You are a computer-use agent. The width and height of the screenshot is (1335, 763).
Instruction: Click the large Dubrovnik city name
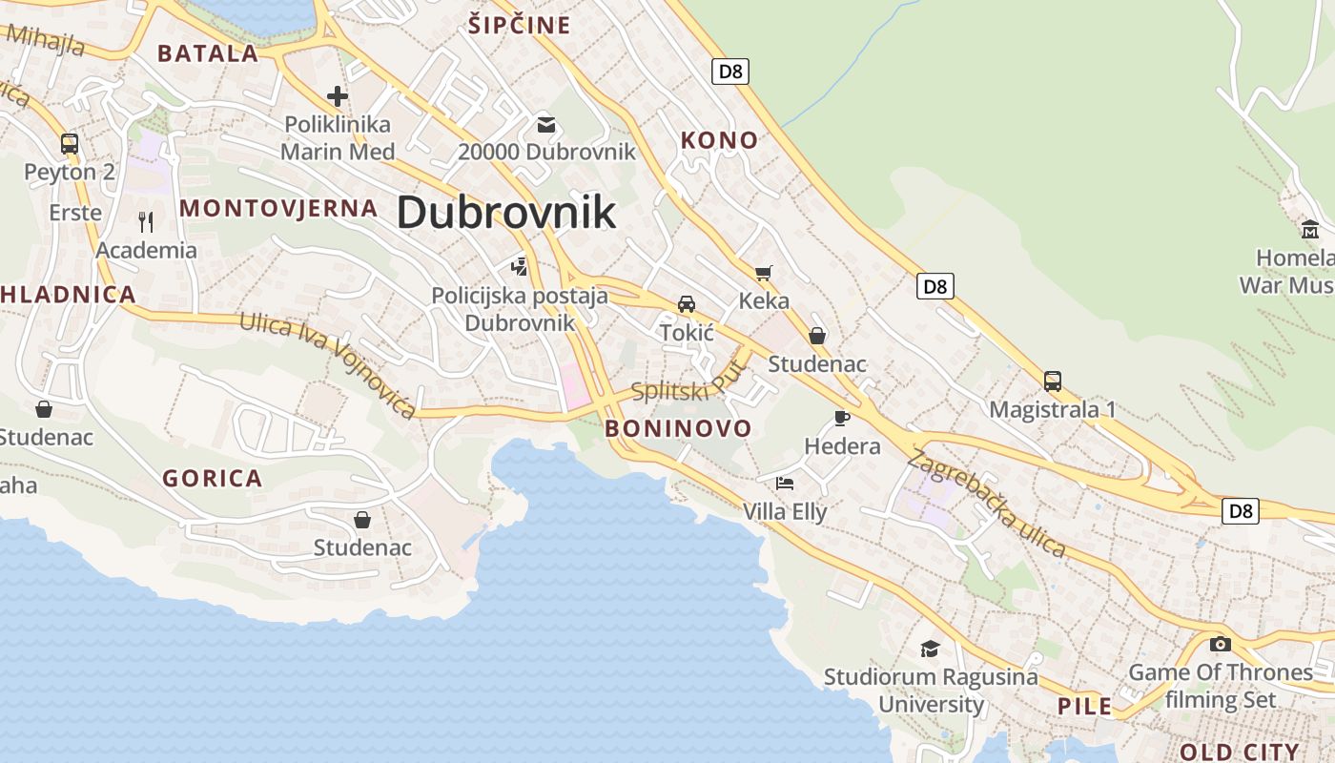pos(506,212)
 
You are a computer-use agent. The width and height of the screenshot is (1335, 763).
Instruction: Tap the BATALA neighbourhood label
pos(208,53)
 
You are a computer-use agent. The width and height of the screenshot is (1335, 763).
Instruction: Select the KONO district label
pos(719,140)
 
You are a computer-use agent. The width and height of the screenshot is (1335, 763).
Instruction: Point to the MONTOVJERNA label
pos(278,208)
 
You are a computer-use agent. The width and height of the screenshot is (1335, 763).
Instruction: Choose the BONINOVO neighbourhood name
pos(678,427)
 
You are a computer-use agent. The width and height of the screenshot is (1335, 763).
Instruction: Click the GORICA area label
pos(212,479)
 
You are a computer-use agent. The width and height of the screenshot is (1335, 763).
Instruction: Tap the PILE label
pos(1085,707)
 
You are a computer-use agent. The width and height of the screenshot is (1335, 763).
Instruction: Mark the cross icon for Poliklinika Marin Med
pos(338,96)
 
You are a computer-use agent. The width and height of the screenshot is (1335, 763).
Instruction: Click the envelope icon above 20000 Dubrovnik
pos(546,124)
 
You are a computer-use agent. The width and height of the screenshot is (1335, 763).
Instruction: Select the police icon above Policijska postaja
pos(520,266)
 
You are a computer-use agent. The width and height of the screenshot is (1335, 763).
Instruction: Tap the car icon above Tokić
pos(687,304)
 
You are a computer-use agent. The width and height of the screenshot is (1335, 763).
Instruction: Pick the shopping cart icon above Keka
pos(763,274)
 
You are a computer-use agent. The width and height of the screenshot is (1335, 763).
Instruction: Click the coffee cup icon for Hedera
pos(841,418)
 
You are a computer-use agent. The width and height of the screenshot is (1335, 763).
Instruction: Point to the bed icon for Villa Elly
pos(785,484)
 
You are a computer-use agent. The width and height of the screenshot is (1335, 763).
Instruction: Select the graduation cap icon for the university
pos(930,650)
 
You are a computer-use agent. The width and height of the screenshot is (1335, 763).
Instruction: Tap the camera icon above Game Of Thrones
pos(1220,644)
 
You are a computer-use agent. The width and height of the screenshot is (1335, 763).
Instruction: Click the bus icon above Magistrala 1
pos(1053,381)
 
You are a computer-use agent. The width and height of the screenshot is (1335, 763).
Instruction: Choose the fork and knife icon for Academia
pos(146,222)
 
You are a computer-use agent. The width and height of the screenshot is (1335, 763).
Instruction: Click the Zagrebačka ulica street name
pos(986,503)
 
